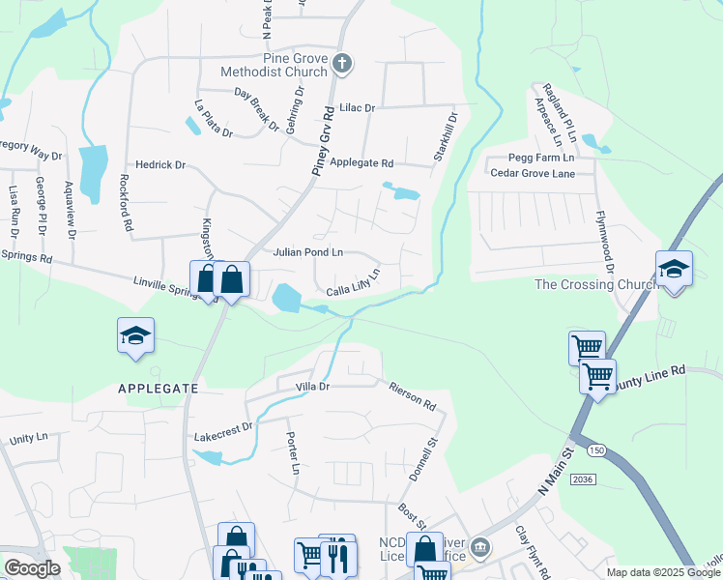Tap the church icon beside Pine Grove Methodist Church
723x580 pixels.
(340, 65)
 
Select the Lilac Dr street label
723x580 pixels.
(357, 107)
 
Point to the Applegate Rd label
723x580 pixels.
(361, 163)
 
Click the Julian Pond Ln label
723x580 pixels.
(308, 252)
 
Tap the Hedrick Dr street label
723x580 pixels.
(160, 165)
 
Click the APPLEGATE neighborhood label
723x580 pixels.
(158, 388)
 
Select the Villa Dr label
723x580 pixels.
(312, 387)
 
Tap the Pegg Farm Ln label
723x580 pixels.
(542, 157)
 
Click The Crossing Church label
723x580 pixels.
(588, 284)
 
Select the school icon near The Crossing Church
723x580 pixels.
(674, 268)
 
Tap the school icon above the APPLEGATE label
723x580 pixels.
(136, 334)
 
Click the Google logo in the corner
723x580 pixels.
(32, 568)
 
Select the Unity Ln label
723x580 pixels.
(28, 439)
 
